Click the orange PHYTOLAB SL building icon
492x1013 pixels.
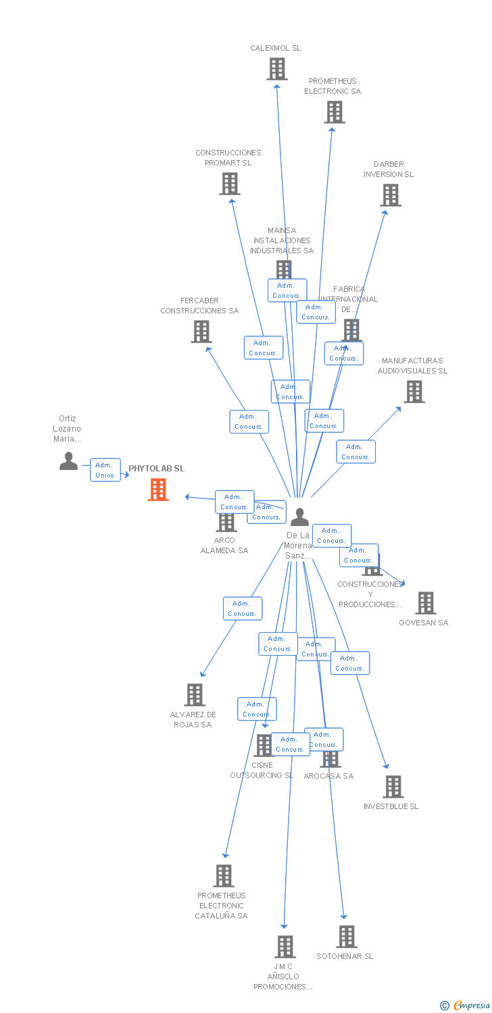(158, 490)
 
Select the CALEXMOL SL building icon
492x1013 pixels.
(276, 69)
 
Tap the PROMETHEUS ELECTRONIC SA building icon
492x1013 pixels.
(334, 112)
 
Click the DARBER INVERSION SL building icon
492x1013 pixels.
(390, 195)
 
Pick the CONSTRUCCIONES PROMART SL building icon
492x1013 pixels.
(230, 184)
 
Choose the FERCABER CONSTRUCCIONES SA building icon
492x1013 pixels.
(201, 332)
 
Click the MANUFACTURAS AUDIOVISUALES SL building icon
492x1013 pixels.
(414, 392)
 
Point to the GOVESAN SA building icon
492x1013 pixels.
(425, 603)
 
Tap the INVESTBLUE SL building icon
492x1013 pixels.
(393, 787)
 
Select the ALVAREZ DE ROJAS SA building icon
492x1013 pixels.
(195, 695)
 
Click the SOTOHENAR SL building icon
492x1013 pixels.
(346, 937)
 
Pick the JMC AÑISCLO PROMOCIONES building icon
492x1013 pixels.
(285, 947)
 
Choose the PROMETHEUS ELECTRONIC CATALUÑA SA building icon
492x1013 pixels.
(223, 876)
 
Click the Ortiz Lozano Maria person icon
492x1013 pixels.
(68, 461)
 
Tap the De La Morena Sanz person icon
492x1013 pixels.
(299, 517)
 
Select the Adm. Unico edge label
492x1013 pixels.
(105, 470)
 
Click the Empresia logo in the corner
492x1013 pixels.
(466, 1006)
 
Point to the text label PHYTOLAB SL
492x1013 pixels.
(156, 469)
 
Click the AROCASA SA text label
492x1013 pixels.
(328, 777)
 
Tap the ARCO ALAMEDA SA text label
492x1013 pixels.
(224, 546)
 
